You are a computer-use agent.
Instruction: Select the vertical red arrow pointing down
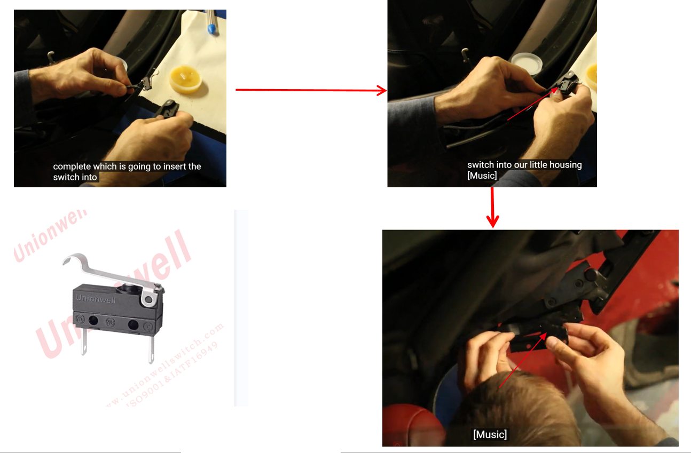click(x=492, y=208)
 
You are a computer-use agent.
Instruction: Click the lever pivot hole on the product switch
click(x=148, y=300)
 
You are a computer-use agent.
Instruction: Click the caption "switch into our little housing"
click(x=524, y=165)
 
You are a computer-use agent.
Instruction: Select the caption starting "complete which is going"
click(x=127, y=166)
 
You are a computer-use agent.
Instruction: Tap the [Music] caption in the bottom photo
click(x=490, y=434)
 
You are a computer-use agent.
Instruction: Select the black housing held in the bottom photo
click(x=537, y=338)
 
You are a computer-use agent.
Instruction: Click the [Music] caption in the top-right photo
click(x=482, y=176)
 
